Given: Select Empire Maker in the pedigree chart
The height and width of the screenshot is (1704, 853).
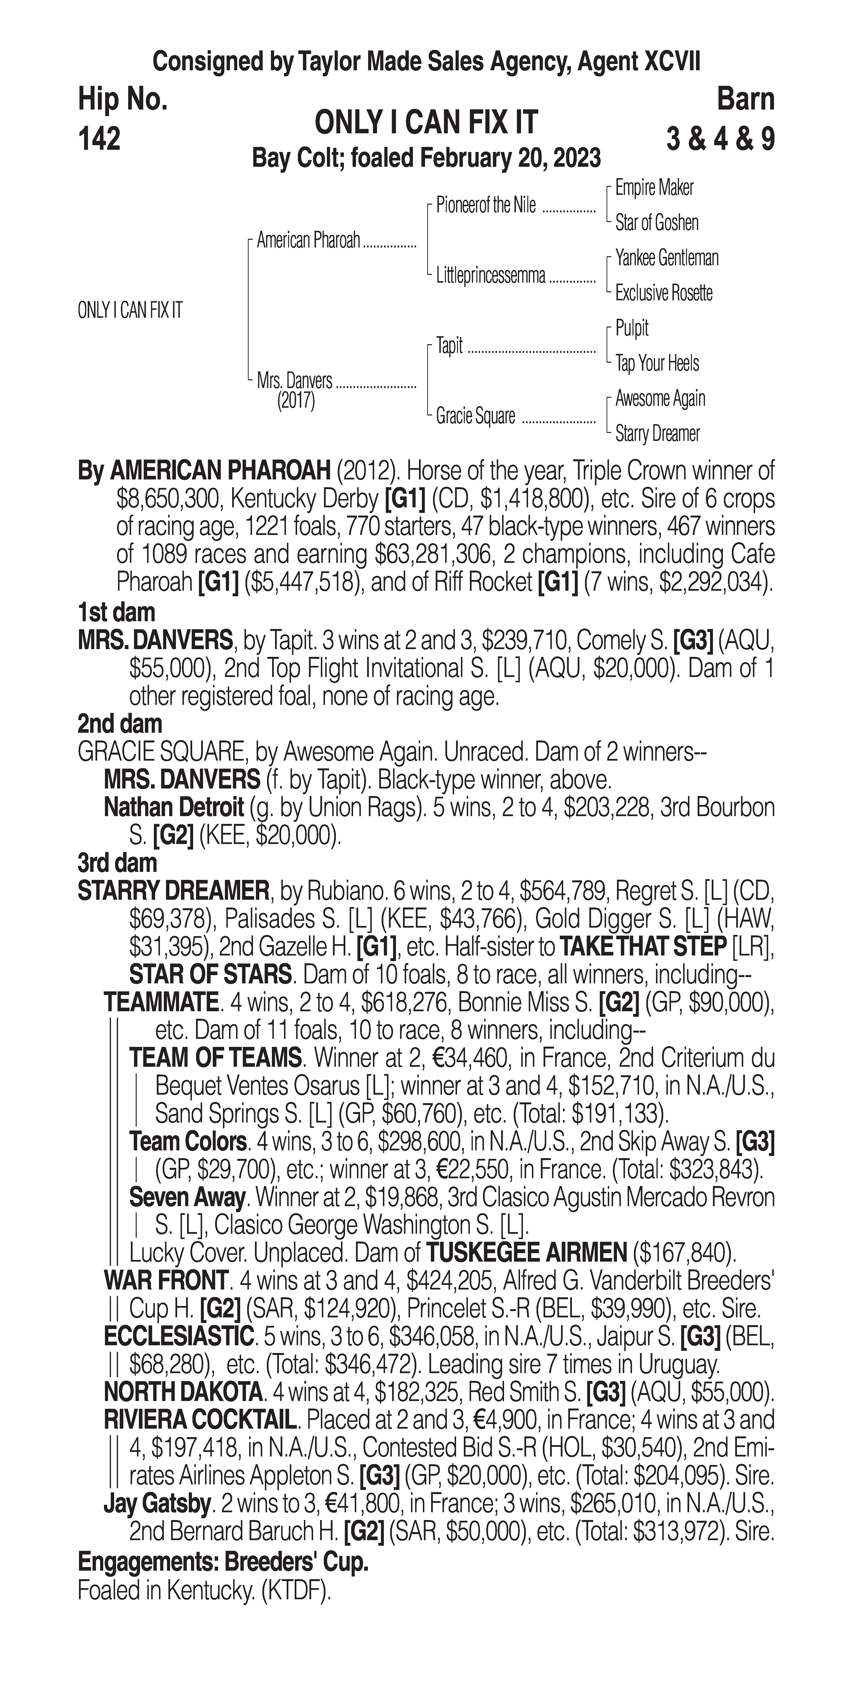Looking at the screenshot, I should (654, 188).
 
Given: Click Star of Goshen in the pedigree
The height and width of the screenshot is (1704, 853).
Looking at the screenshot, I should (657, 223).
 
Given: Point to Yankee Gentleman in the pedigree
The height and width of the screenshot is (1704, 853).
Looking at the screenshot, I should (667, 258).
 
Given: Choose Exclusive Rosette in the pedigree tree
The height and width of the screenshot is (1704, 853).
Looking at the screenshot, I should (664, 293).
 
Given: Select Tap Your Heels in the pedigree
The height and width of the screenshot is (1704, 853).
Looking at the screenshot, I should (657, 363).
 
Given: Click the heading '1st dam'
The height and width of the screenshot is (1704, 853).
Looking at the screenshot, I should (116, 612).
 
